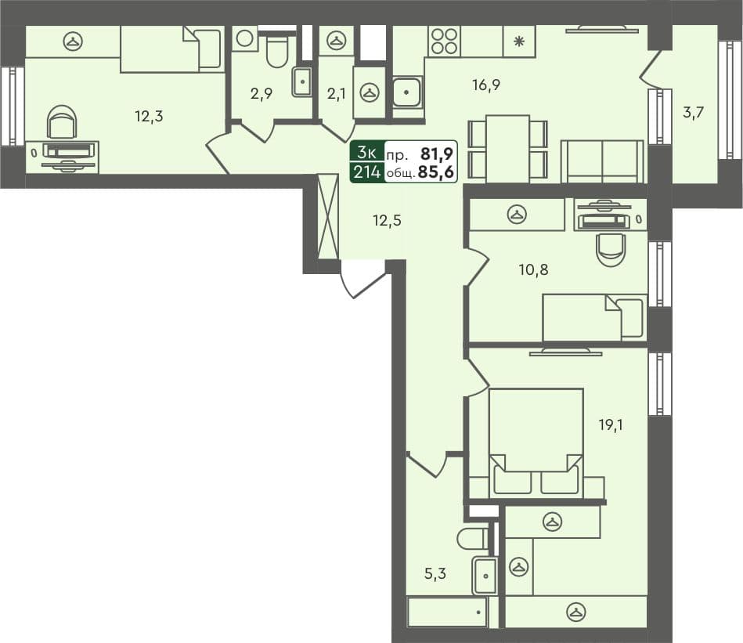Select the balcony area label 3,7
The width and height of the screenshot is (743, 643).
692,112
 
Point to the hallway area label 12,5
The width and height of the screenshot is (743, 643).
387,220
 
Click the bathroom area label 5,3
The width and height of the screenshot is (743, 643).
435,574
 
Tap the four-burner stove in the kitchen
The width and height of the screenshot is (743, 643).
445,41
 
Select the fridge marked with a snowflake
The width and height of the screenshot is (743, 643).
518,42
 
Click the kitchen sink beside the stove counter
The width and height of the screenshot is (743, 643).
407,93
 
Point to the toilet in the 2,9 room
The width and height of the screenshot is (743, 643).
277,51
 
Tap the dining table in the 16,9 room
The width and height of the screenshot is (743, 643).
507,148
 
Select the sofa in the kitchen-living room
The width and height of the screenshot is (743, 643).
602,161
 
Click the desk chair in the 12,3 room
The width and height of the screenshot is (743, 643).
62,124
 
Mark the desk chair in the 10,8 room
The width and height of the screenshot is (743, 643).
610,248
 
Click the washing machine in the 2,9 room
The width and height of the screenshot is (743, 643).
245,39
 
